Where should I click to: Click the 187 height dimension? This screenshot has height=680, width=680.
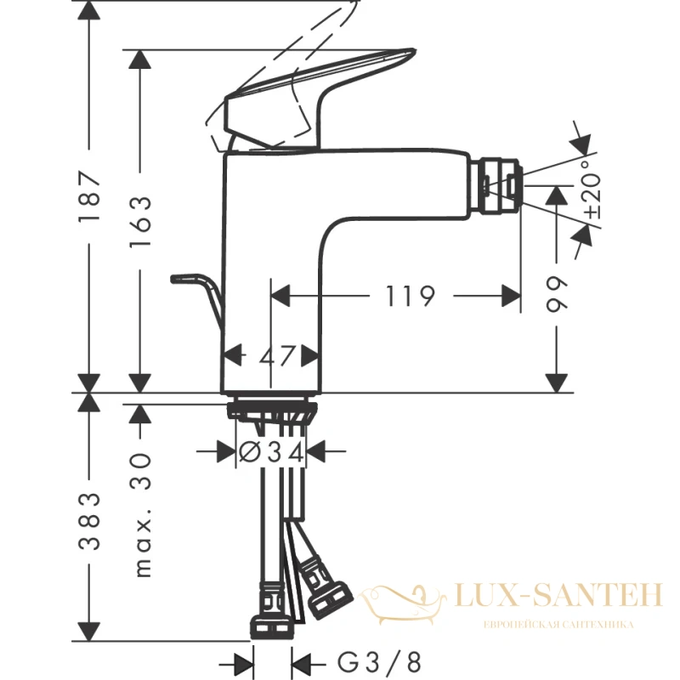click(x=90, y=196)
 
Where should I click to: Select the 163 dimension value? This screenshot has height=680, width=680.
click(x=140, y=221)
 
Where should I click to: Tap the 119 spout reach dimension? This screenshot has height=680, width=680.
click(x=410, y=296)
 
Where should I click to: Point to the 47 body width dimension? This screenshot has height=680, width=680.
click(x=277, y=356)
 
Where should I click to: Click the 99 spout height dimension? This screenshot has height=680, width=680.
click(x=557, y=294)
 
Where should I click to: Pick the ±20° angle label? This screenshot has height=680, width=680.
click(x=592, y=189)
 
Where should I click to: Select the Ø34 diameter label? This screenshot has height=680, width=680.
click(x=271, y=453)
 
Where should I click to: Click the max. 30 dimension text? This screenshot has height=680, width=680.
click(x=141, y=515)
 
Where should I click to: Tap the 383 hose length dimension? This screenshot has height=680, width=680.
click(x=90, y=521)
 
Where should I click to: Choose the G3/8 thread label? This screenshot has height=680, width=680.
click(x=379, y=662)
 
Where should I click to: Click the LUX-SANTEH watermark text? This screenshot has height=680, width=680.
click(x=559, y=595)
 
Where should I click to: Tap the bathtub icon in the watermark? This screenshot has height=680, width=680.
click(x=402, y=602)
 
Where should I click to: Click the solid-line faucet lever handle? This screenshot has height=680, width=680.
click(x=319, y=99)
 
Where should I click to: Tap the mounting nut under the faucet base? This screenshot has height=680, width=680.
click(x=271, y=411)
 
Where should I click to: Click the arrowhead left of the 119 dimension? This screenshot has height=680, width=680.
click(x=280, y=296)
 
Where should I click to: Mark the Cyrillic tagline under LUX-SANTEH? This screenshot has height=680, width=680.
click(x=558, y=625)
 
